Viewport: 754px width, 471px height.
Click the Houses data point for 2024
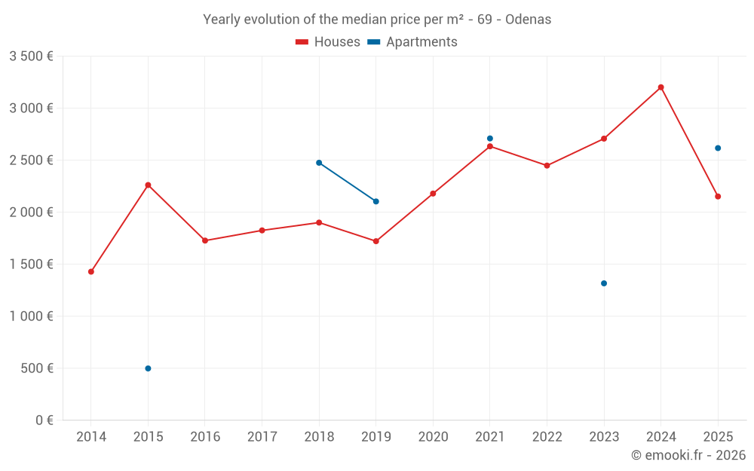pyautogui.click(x=661, y=87)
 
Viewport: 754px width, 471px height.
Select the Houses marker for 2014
pyautogui.click(x=91, y=271)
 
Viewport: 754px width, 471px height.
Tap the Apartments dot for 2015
pyautogui.click(x=148, y=369)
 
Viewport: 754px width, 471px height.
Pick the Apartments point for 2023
pyautogui.click(x=604, y=283)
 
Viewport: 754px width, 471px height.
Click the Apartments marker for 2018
pyautogui.click(x=319, y=163)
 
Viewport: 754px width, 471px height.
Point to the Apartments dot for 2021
pyautogui.click(x=490, y=139)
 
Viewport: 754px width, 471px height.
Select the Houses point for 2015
pyautogui.click(x=148, y=185)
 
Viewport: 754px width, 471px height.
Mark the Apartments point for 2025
pyautogui.click(x=718, y=148)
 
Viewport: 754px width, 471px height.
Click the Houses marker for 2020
pyautogui.click(x=433, y=194)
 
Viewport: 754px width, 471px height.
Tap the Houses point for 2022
pyautogui.click(x=547, y=166)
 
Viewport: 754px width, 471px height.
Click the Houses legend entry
pyautogui.click(x=328, y=42)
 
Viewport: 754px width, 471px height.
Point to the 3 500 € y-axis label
pyautogui.click(x=31, y=57)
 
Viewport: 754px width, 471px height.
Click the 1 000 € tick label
pyautogui.click(x=31, y=317)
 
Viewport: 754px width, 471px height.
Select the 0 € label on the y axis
pyautogui.click(x=44, y=421)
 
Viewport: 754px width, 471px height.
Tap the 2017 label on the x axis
pyautogui.click(x=262, y=437)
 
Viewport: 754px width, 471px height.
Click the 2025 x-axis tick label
pyautogui.click(x=718, y=437)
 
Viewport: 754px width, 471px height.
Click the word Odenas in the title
pyautogui.click(x=528, y=20)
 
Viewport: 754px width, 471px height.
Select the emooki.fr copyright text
pyautogui.click(x=688, y=455)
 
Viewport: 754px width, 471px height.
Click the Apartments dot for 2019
pyautogui.click(x=375, y=201)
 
